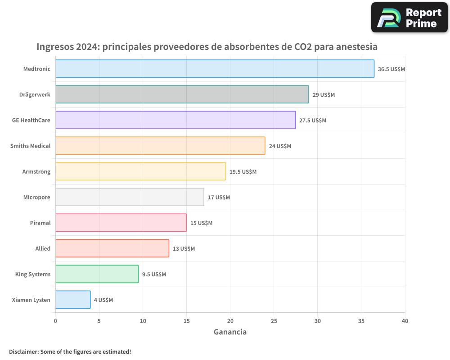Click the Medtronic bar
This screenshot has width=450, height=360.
[x=215, y=69]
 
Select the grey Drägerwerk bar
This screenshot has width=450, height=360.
[x=182, y=94]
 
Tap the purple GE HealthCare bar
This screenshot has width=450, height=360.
[x=175, y=120]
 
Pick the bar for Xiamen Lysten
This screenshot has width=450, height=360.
[x=73, y=300]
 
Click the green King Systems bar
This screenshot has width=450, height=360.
[x=97, y=274]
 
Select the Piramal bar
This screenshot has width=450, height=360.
[x=121, y=223]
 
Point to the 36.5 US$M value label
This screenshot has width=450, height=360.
[x=391, y=69]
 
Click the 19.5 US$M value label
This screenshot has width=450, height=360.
[x=243, y=172]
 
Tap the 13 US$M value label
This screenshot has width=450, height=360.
[x=184, y=249]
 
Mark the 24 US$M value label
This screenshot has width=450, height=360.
[x=280, y=146]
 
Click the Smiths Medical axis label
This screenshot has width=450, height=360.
[x=30, y=146]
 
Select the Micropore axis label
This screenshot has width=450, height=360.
[x=36, y=197]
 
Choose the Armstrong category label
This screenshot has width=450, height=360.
[x=36, y=171]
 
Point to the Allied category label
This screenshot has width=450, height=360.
[x=43, y=248]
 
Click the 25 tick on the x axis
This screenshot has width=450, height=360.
[x=274, y=321]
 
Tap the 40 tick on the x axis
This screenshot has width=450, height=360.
[x=405, y=321]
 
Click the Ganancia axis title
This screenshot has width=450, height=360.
[x=230, y=332]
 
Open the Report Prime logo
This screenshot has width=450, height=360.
[x=409, y=18]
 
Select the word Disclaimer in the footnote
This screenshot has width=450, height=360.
[x=23, y=351]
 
